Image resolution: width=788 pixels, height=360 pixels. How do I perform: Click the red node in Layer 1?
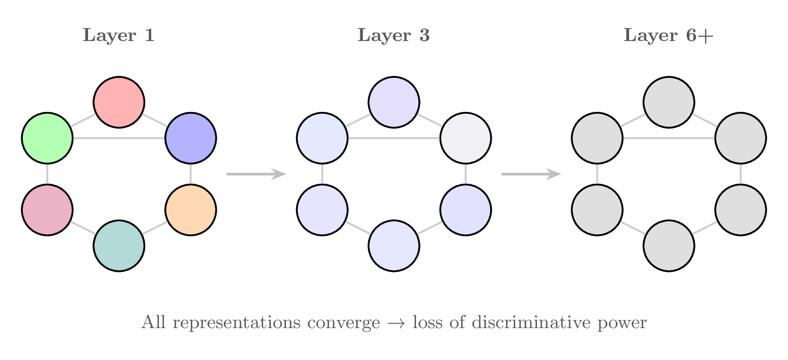(x=119, y=102)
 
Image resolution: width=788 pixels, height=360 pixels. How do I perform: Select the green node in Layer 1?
(x=47, y=138)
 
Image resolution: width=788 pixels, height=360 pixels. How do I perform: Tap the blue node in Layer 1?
(x=191, y=138)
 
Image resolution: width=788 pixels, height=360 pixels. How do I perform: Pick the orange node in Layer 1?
(x=191, y=210)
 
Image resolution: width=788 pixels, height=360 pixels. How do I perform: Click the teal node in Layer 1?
(x=119, y=246)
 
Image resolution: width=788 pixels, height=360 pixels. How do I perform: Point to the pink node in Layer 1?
(x=47, y=210)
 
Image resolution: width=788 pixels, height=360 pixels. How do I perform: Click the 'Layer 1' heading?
(x=118, y=36)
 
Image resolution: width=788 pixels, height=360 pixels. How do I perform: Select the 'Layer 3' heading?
(x=394, y=36)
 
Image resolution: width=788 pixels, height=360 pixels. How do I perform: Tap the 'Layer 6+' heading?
(x=668, y=36)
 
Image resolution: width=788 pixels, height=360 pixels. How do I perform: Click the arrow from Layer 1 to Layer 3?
(x=256, y=174)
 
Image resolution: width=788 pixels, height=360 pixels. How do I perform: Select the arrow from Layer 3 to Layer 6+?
(x=531, y=174)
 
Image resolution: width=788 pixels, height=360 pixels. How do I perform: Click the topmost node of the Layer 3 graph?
(x=394, y=102)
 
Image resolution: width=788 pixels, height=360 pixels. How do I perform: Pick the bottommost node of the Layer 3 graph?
(x=394, y=246)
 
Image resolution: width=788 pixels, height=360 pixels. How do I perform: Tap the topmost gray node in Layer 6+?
(x=669, y=102)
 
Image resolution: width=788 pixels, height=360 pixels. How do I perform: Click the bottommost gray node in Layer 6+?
(x=669, y=246)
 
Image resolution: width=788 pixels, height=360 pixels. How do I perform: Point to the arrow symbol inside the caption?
(x=396, y=323)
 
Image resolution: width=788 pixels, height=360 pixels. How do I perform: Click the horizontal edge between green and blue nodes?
(x=119, y=138)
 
